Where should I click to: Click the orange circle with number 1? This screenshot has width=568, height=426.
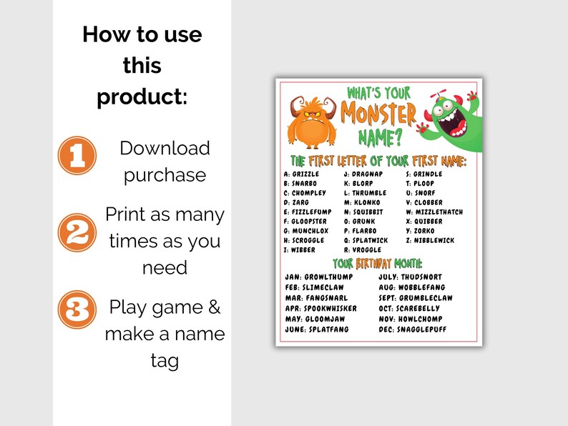[77, 156]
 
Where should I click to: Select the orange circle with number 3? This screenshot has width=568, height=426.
[77, 309]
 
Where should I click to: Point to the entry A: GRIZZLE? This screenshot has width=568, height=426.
[301, 174]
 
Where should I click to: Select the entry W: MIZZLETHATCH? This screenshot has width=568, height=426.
[434, 212]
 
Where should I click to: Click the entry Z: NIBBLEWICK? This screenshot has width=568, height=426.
[429, 241]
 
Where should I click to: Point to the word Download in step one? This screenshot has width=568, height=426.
[165, 148]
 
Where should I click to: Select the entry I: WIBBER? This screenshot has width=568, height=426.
[299, 250]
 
